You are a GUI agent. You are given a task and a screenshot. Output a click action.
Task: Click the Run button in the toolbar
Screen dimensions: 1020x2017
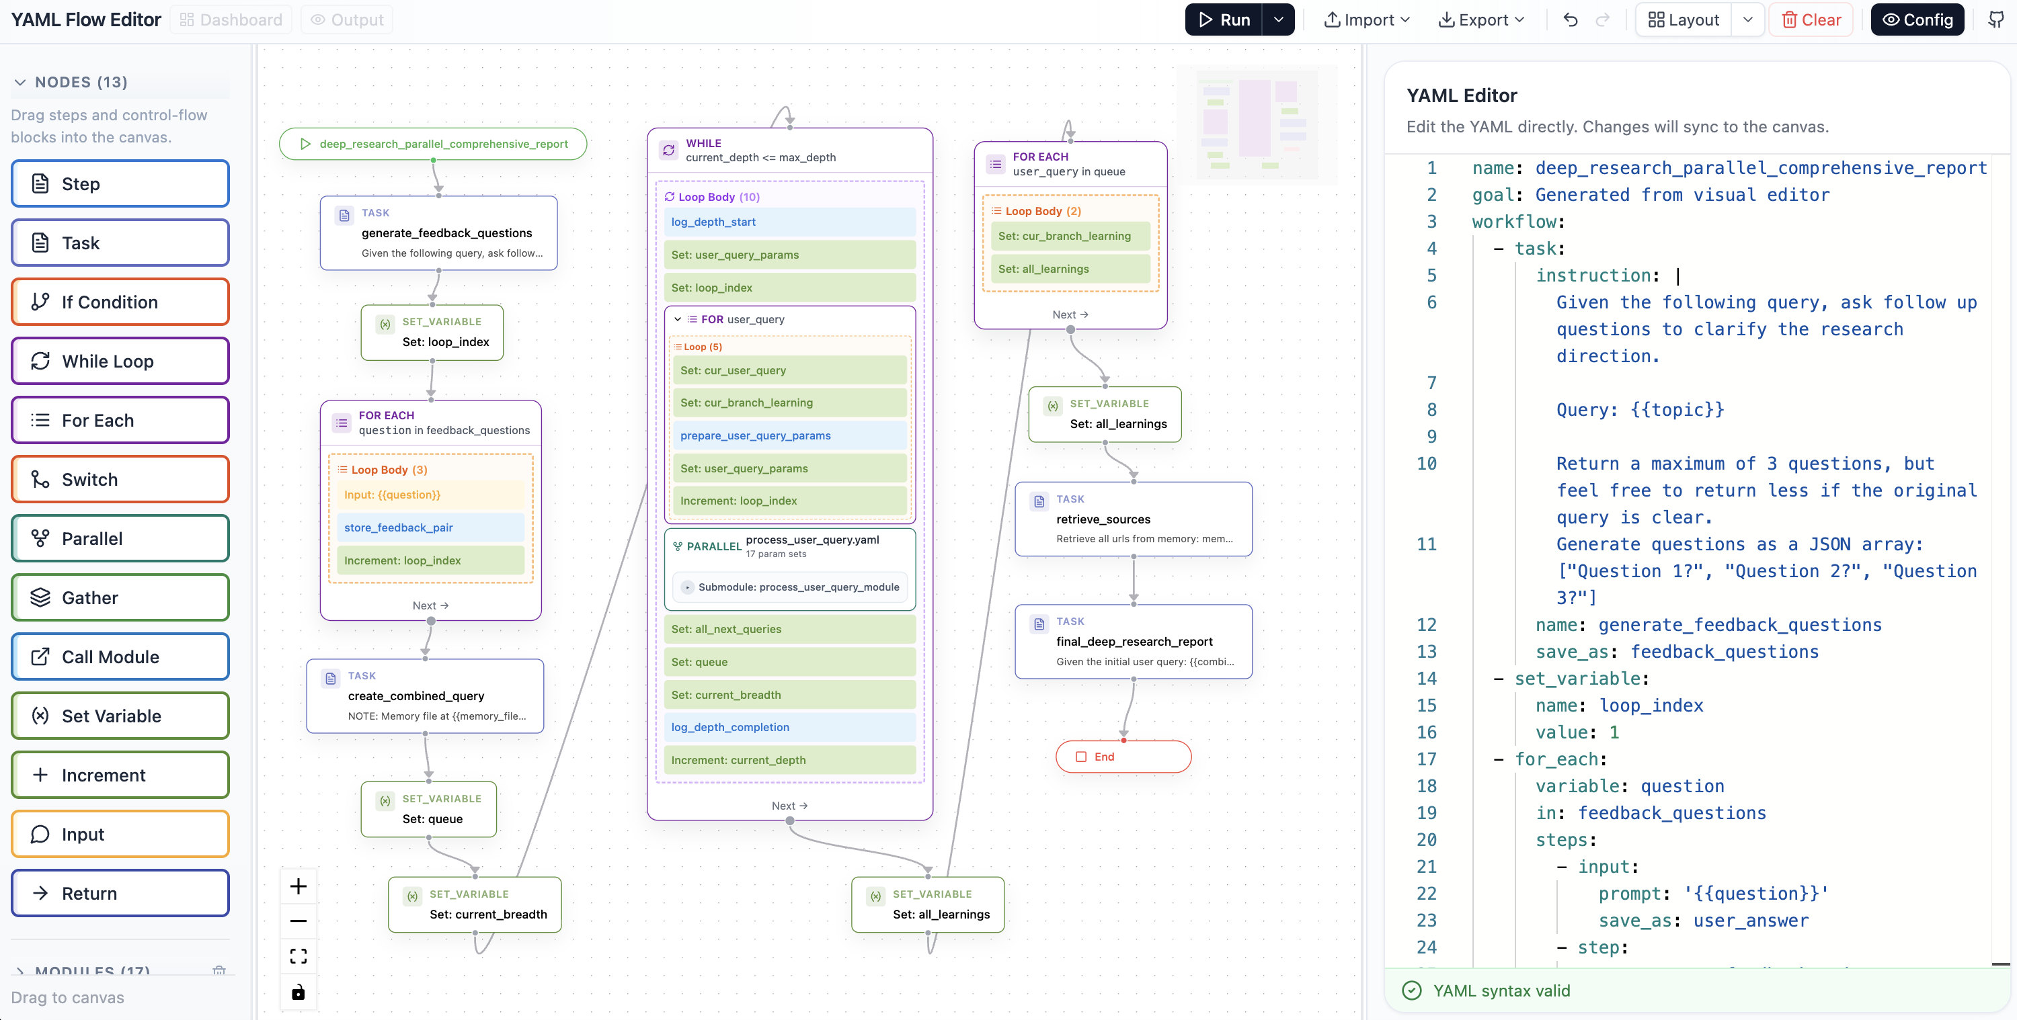click(x=1224, y=19)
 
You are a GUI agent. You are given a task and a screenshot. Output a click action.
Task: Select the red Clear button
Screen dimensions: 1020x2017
click(x=1811, y=19)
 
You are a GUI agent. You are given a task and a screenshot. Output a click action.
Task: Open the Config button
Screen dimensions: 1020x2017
click(x=1917, y=19)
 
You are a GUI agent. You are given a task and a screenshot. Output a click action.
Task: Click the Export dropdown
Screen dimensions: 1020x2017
click(x=1481, y=19)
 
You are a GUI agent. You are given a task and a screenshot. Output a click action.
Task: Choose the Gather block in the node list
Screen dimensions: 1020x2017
click(x=120, y=597)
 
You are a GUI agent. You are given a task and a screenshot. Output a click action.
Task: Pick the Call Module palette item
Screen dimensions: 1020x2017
click(x=120, y=656)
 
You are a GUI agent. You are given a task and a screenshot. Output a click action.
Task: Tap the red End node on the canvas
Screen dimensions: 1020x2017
click(x=1123, y=756)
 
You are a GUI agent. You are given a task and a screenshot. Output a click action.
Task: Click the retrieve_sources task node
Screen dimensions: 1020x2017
click(x=1133, y=519)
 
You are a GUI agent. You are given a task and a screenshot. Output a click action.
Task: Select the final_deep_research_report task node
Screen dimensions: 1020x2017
click(x=1133, y=641)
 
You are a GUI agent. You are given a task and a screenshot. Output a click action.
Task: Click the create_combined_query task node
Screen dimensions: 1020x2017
click(x=425, y=696)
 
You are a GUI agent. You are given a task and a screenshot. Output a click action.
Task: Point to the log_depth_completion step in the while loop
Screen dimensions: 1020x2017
click(x=789, y=727)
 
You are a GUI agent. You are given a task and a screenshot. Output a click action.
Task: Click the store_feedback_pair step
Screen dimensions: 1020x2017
click(x=430, y=527)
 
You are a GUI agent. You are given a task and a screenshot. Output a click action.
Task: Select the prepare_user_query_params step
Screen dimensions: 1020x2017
click(x=789, y=435)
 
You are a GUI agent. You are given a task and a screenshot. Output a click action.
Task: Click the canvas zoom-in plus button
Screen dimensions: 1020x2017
click(x=299, y=886)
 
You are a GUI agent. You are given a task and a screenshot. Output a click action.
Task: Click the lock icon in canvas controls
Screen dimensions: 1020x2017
click(x=299, y=992)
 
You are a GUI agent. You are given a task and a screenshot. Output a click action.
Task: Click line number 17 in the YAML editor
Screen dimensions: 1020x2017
click(x=1426, y=759)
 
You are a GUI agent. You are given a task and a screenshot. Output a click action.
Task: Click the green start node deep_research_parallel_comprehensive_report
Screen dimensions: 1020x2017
click(x=433, y=144)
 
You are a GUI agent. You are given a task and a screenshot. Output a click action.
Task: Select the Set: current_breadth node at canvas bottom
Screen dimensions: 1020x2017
click(x=475, y=905)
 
